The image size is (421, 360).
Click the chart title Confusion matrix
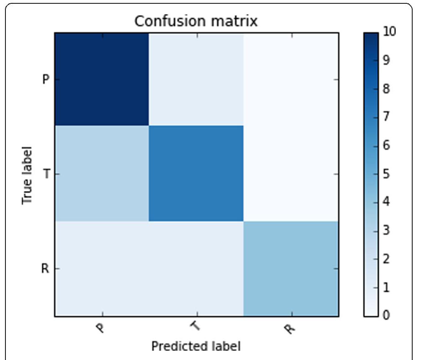click(196, 21)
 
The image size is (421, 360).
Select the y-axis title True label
click(27, 175)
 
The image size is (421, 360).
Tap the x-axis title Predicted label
click(196, 346)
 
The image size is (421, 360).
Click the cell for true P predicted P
click(102, 79)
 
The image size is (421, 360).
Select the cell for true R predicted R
click(291, 269)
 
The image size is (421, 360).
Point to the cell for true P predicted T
click(196, 79)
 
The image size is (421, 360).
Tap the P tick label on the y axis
click(46, 79)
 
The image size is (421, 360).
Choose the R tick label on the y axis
click(45, 269)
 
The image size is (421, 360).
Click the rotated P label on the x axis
click(101, 328)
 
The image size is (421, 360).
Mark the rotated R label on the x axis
click(289, 328)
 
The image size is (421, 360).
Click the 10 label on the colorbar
click(389, 32)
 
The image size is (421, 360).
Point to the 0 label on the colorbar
click(386, 315)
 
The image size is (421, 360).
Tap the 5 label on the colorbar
click(386, 173)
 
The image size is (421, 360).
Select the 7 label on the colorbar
click(386, 117)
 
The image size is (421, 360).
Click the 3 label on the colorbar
click(386, 230)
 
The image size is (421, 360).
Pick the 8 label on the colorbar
click(386, 89)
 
